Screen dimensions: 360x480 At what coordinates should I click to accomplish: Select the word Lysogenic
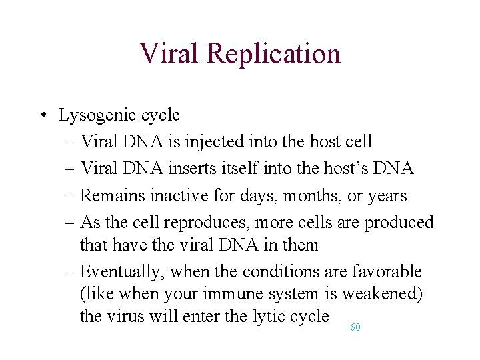(x=97, y=115)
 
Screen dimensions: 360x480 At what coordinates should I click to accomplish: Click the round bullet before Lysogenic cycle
(x=42, y=115)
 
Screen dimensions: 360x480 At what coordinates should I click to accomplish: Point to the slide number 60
(x=355, y=327)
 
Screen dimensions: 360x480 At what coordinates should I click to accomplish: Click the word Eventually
(x=123, y=272)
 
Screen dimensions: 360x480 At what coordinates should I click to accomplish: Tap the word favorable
(x=388, y=272)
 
